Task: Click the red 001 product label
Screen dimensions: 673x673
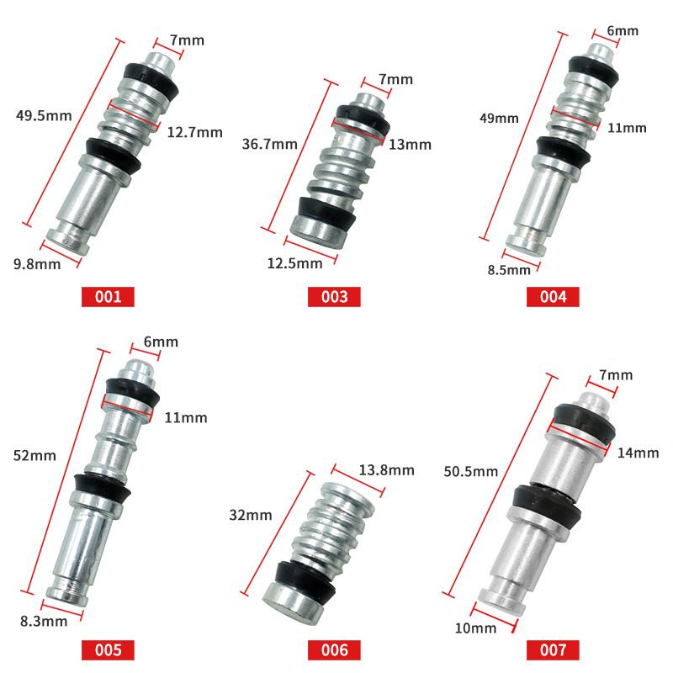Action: click(108, 297)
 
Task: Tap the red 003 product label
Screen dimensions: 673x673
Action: click(334, 297)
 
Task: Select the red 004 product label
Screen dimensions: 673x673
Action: click(553, 297)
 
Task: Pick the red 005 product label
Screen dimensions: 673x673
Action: click(108, 649)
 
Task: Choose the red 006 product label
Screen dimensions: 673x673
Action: click(334, 649)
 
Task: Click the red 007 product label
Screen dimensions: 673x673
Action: click(553, 649)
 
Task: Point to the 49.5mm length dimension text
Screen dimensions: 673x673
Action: click(44, 116)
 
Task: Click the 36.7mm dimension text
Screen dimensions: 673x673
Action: click(269, 144)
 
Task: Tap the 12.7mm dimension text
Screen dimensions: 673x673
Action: click(195, 132)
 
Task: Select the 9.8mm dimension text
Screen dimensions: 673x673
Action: click(37, 264)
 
